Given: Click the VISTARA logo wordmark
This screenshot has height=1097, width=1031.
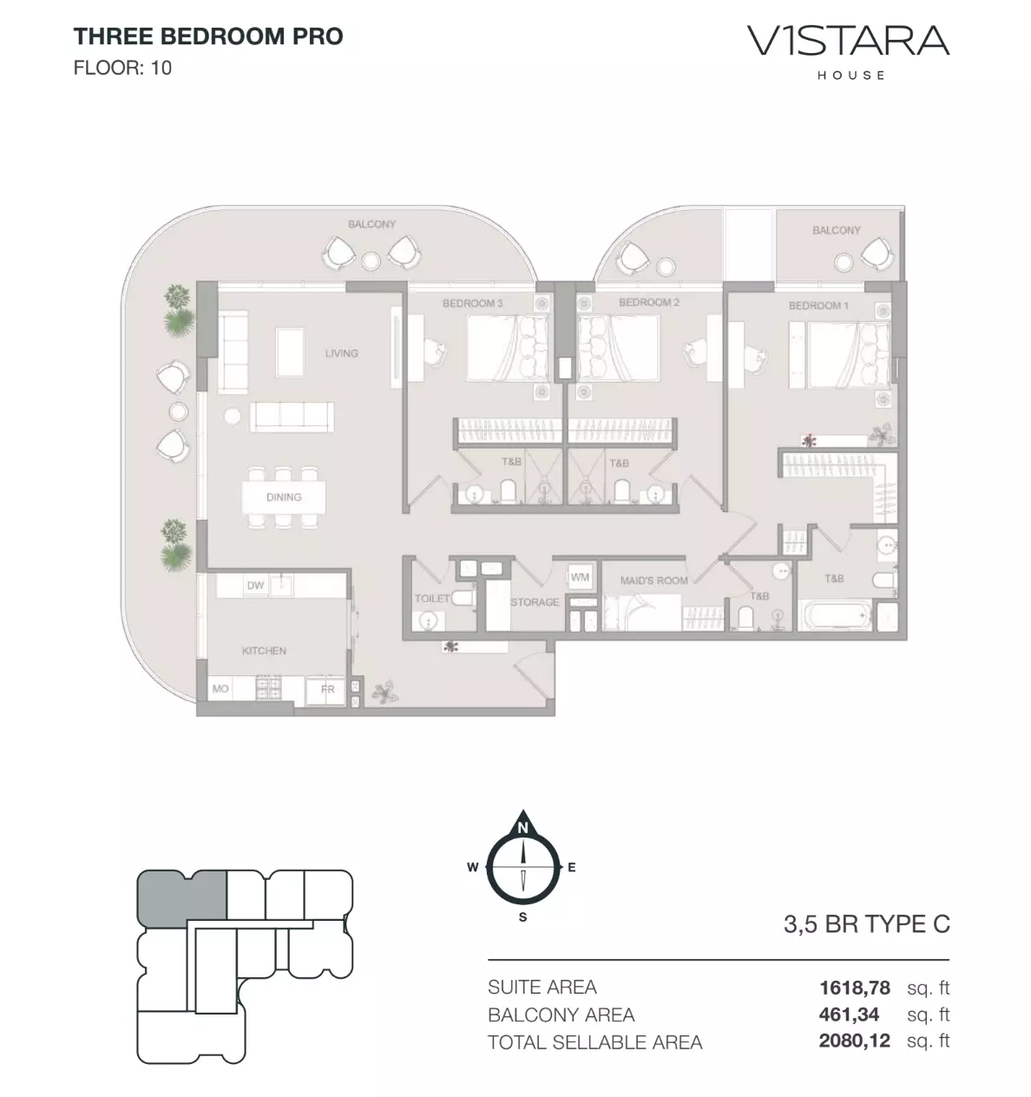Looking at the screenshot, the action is point(848,41).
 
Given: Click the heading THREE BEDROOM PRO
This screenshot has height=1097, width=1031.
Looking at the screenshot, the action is point(208,36).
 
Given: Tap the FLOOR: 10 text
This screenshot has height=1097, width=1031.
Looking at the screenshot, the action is point(122,68).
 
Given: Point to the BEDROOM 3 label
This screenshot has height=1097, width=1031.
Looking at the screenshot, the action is point(472,303).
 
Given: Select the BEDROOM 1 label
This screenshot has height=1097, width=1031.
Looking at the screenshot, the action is point(818,305).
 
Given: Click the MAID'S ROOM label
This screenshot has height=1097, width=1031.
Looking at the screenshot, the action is point(653,581).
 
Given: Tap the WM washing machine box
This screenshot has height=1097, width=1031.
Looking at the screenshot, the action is point(580,577).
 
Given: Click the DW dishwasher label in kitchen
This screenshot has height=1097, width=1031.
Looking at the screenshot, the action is point(255,586).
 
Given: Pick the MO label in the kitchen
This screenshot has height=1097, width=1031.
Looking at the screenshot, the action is point(220,689).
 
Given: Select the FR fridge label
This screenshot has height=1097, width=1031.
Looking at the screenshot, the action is point(328,689).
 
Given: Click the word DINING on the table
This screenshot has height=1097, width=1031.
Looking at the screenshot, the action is point(284,497).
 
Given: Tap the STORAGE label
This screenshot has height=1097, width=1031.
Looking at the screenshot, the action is point(535,602).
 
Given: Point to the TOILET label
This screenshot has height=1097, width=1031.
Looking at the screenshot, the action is point(432,598).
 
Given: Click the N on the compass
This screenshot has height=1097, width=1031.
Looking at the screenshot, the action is point(522,827).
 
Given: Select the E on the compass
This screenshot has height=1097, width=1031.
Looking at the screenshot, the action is point(571,868).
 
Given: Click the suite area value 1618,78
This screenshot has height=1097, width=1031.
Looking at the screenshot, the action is point(855,987).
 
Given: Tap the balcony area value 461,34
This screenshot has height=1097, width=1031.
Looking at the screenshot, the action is point(849,1015).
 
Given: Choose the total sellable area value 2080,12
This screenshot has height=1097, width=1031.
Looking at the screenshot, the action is point(855,1041).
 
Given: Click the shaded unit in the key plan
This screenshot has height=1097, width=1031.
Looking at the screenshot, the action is point(181,898).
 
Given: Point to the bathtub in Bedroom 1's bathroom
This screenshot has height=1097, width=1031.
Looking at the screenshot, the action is point(836,614).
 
